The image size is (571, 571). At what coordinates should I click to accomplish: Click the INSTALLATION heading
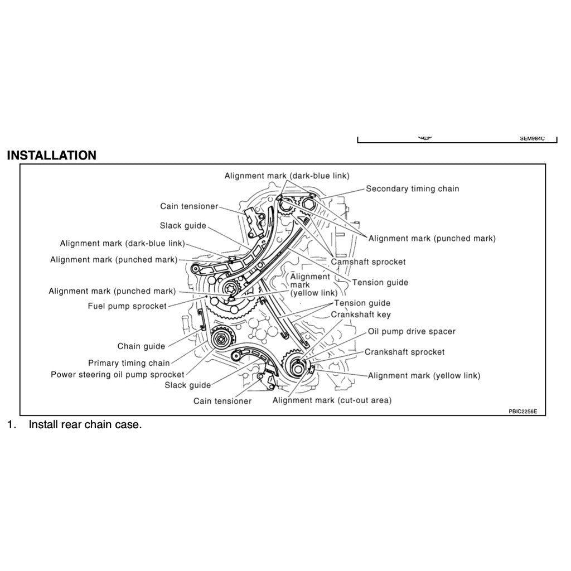click(51, 156)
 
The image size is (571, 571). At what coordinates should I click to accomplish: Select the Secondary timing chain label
click(412, 189)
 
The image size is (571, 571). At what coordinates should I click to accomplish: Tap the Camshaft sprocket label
click(368, 262)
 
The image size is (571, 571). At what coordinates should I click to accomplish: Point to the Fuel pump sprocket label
click(127, 306)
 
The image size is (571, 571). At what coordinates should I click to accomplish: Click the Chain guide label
click(141, 346)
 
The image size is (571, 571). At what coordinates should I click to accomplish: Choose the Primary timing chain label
click(129, 363)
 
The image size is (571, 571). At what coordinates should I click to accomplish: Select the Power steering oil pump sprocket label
click(117, 375)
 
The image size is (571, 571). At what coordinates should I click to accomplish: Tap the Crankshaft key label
click(361, 314)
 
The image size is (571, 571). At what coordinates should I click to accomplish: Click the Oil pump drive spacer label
click(411, 332)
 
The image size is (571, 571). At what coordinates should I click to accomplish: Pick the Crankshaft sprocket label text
click(404, 352)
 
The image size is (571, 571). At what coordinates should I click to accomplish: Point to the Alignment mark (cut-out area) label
click(332, 400)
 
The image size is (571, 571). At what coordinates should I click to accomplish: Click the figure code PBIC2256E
click(522, 412)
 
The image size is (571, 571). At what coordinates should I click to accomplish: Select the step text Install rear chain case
click(85, 425)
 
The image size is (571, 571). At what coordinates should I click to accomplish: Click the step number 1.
click(11, 425)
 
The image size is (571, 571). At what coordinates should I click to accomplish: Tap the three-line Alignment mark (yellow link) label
click(313, 284)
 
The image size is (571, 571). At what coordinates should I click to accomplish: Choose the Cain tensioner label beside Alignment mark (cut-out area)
click(222, 401)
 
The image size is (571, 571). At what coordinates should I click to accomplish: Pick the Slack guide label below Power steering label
click(187, 385)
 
